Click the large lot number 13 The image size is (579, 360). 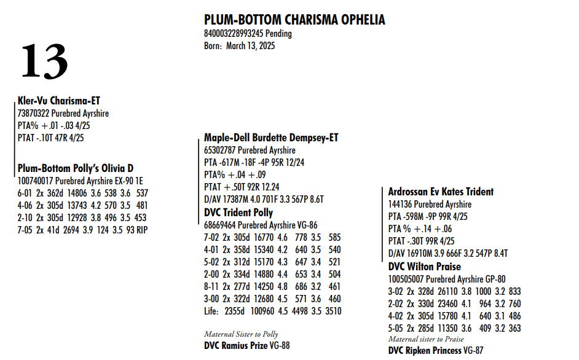[x=44, y=61]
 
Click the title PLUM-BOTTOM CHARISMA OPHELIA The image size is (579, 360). [x=294, y=20]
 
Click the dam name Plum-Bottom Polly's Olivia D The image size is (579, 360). [x=76, y=168]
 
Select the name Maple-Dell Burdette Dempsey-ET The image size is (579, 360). [x=271, y=138]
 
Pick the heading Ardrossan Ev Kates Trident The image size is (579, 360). [x=441, y=192]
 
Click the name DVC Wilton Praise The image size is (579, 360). [x=423, y=267]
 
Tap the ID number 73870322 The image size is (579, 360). [x=34, y=114]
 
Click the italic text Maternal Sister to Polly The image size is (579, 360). [x=241, y=334]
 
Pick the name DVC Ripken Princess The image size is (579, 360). [x=425, y=350]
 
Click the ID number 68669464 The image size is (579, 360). [x=221, y=225]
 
